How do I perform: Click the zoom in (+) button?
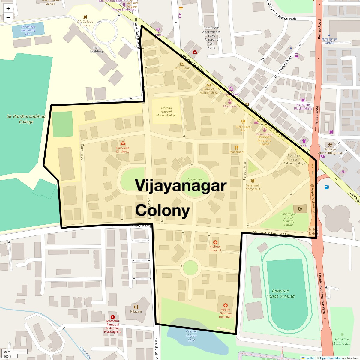pyautogui.click(x=8, y=9)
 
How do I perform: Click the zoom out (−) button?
pyautogui.click(x=8, y=18)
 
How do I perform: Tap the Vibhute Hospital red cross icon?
pyautogui.click(x=215, y=242)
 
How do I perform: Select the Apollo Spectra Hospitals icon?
pyautogui.click(x=226, y=305)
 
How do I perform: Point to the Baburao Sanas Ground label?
pyautogui.click(x=280, y=294)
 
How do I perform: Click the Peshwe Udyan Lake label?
pyautogui.click(x=191, y=335)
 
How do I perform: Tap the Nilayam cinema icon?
pyautogui.click(x=136, y=307)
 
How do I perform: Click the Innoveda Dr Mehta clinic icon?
pyautogui.click(x=123, y=143)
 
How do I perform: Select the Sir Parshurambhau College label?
pyautogui.click(x=26, y=119)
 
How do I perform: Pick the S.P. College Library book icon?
pyautogui.click(x=85, y=17)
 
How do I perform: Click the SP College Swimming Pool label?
pyautogui.click(x=28, y=30)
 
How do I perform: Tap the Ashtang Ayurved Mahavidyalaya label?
pyautogui.click(x=166, y=112)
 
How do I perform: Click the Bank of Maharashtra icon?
pyautogui.click(x=209, y=85)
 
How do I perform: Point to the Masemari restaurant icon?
pyautogui.click(x=237, y=147)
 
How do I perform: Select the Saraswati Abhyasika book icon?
pyautogui.click(x=253, y=181)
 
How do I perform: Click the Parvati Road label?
pyautogui.click(x=245, y=170)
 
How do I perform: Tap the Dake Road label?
pyautogui.click(x=82, y=151)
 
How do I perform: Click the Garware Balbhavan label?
pyautogui.click(x=342, y=341)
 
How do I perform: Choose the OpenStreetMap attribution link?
pyautogui.click(x=330, y=358)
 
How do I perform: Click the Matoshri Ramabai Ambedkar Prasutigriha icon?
pyautogui.click(x=113, y=317)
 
